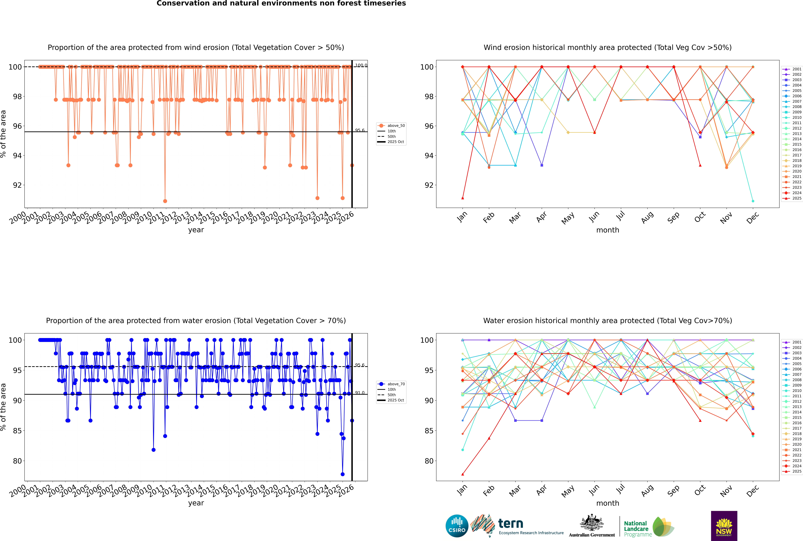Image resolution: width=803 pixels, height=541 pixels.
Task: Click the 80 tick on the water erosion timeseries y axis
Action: point(17,461)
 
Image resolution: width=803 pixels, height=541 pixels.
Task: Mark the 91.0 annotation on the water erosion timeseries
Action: point(360,393)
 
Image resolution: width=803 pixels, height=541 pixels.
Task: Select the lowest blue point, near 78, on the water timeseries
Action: point(342,474)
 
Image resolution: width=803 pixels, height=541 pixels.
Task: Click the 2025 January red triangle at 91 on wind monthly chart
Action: point(463,198)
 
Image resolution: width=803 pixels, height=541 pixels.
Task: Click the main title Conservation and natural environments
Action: point(281,3)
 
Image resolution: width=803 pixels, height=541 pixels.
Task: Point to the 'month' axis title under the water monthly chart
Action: point(608,503)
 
